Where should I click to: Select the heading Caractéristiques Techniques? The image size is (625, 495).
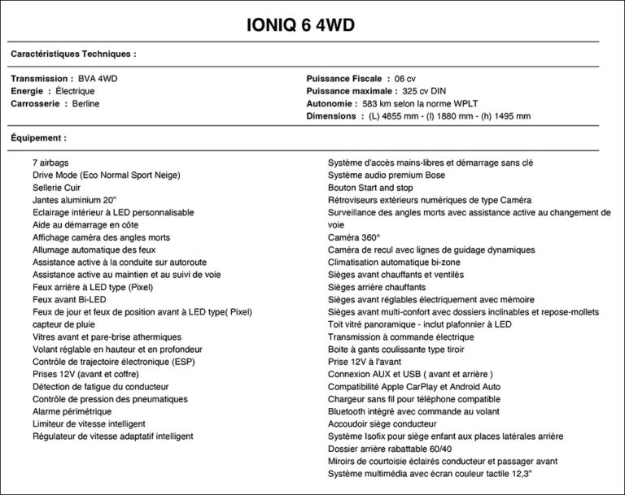73,54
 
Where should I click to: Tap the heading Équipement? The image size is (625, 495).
38,138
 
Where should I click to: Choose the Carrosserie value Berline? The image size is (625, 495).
86,104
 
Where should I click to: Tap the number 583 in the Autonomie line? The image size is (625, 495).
371,104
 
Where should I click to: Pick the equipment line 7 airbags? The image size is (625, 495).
51,163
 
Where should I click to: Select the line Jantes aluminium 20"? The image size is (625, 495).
75,200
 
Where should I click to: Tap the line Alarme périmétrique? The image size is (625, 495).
77,411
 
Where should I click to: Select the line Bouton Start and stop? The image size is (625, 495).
370,187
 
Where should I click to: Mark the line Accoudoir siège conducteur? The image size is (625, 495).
382,423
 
